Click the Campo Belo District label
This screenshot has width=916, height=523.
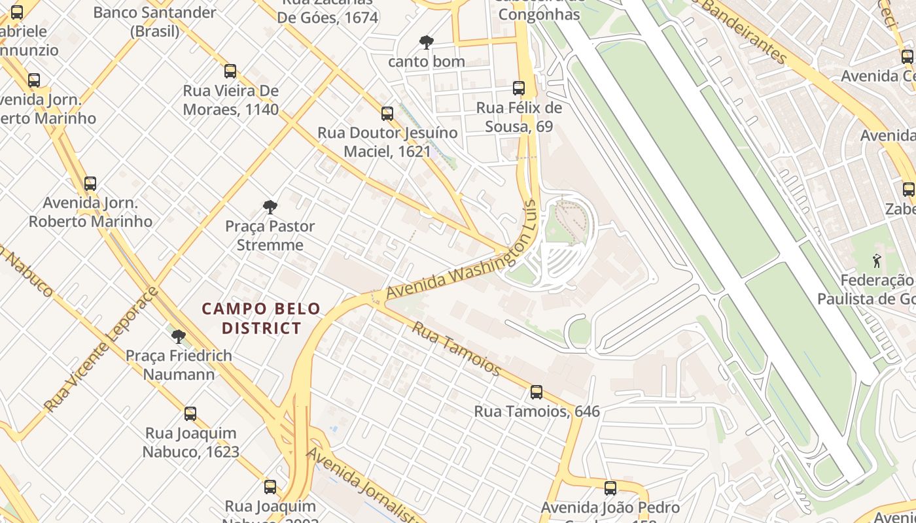click(x=261, y=318)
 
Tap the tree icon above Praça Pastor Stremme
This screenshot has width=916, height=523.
click(x=270, y=207)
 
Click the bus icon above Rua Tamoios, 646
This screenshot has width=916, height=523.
click(x=537, y=392)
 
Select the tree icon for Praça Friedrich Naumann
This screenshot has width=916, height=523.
click(x=178, y=337)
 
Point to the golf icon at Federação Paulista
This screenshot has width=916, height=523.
click(x=877, y=261)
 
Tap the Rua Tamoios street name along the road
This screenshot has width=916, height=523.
click(x=456, y=348)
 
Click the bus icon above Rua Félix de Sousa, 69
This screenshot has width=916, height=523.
click(x=519, y=88)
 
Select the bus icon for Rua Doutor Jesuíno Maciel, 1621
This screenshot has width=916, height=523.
click(x=387, y=114)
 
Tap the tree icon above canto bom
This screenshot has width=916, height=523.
click(x=426, y=42)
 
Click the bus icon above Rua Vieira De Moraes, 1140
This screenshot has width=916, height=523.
click(x=230, y=71)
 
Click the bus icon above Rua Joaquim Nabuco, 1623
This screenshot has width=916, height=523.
click(x=190, y=414)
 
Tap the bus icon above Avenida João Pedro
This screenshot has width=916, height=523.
click(x=610, y=488)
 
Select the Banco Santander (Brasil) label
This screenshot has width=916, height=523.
click(x=154, y=22)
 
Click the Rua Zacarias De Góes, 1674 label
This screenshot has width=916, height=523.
click(x=328, y=12)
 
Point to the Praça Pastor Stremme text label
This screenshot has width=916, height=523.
click(x=270, y=235)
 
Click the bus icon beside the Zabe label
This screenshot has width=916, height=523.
click(x=908, y=190)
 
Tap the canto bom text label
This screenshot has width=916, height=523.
click(x=426, y=61)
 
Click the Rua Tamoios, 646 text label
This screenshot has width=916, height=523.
click(x=537, y=411)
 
